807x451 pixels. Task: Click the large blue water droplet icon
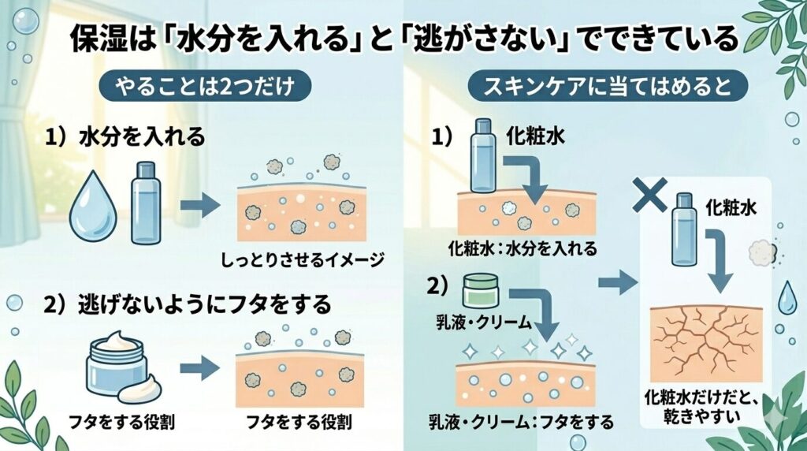[x=94, y=207]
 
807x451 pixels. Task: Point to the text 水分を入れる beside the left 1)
[x=143, y=137]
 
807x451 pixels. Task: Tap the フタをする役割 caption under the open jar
[x=115, y=419]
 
